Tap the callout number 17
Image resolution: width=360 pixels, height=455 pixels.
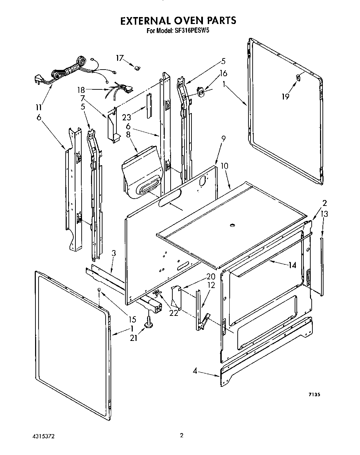[x=120, y=58]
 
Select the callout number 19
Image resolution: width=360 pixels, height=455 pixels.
[x=285, y=96]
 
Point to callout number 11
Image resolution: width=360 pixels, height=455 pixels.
[x=39, y=107]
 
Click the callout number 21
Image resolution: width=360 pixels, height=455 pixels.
[x=133, y=337]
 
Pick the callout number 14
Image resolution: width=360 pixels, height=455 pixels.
[x=292, y=265]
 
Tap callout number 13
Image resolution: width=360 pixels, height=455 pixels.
[x=324, y=214]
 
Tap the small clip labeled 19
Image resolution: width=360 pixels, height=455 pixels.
[x=298, y=78]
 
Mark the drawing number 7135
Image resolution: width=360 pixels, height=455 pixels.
[x=313, y=394]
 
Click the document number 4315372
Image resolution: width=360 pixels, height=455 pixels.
[x=42, y=436]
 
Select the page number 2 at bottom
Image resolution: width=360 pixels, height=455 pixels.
[x=181, y=435]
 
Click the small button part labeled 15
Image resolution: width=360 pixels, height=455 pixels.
[x=99, y=290]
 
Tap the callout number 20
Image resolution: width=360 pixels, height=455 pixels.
[x=211, y=277]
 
